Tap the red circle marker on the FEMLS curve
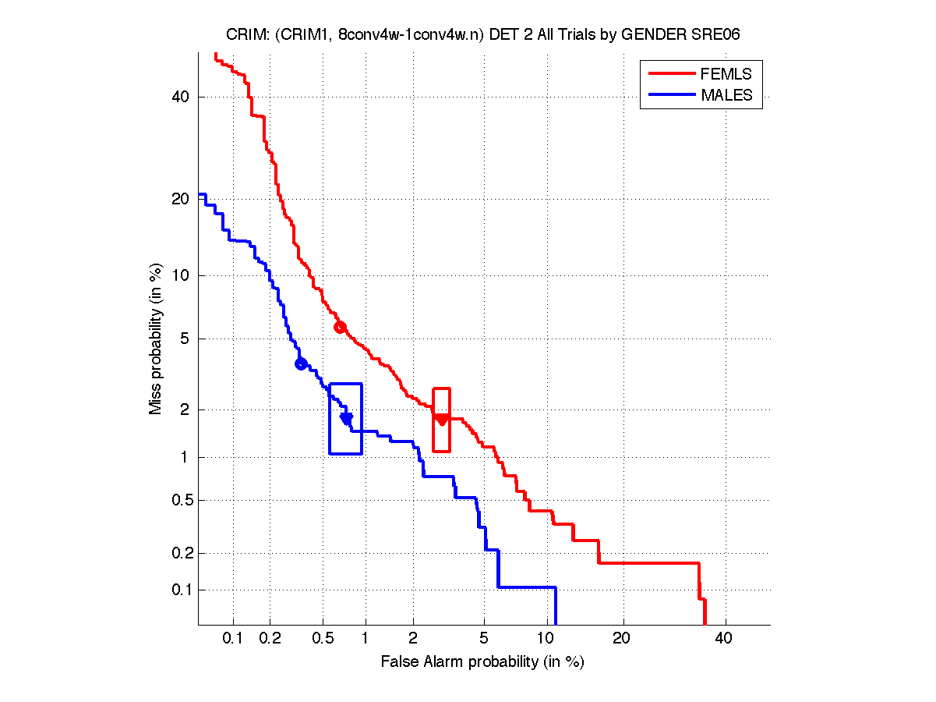coord(340,327)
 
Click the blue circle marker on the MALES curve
coord(301,363)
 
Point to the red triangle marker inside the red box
coord(442,420)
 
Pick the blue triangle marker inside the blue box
coord(347,418)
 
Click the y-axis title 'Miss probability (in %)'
coord(156,339)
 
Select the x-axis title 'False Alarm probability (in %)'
coord(482,662)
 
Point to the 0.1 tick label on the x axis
coord(233,639)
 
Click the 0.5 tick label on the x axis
coord(322,639)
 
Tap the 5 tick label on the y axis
coord(185,339)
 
